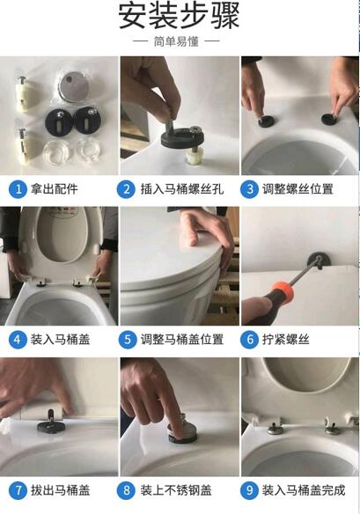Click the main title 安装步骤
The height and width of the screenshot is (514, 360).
(179, 16)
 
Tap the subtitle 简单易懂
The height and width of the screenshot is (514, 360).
(176, 41)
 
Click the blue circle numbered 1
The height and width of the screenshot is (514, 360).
(18, 189)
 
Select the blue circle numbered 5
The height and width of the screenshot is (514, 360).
(128, 340)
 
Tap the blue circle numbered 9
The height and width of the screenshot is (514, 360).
(249, 490)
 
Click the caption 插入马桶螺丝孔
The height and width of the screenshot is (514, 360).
(182, 189)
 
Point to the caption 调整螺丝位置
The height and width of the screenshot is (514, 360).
(298, 189)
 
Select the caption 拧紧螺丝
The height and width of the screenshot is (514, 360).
(285, 340)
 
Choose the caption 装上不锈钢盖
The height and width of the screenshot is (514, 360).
(176, 490)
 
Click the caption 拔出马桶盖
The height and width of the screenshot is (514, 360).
(60, 490)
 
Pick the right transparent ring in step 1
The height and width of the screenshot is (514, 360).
(87, 151)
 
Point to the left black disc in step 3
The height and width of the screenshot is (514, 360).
(266, 121)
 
